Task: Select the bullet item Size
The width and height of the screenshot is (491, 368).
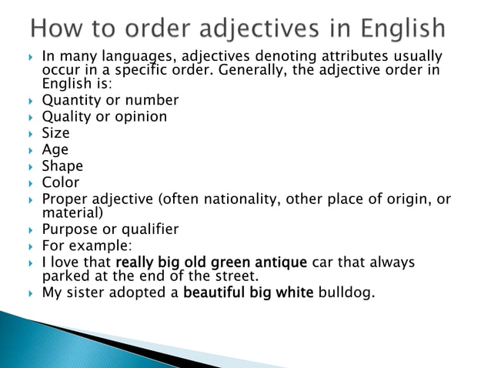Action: tap(55, 133)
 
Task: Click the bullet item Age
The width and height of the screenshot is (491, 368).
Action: tap(55, 150)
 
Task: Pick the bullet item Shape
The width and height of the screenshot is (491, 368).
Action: tap(62, 166)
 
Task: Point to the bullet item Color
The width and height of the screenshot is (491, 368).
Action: tap(61, 183)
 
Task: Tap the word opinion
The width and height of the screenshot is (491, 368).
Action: tap(140, 117)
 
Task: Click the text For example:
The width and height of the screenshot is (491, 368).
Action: tap(86, 246)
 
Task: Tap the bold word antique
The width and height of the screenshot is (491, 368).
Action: tap(279, 263)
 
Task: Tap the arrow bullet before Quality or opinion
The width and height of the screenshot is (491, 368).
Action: tap(30, 118)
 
